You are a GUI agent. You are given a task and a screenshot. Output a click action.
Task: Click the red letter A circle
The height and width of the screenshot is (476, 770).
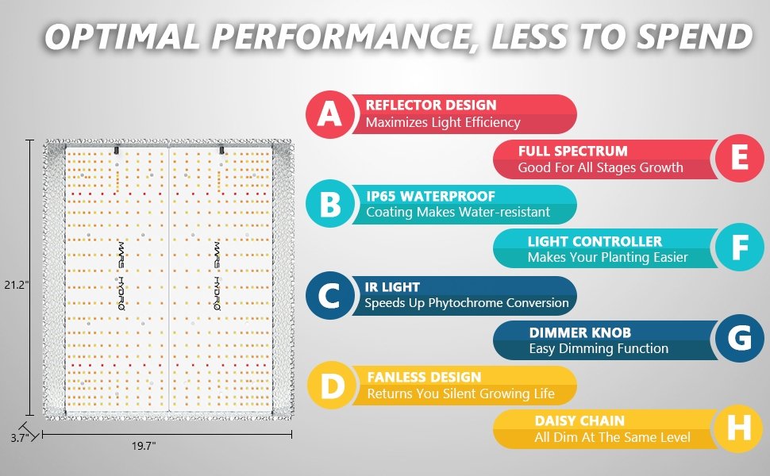329,114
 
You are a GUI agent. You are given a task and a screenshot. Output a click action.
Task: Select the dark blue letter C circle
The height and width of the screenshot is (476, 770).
329,295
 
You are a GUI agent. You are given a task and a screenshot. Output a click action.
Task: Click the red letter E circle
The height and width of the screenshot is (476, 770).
740,158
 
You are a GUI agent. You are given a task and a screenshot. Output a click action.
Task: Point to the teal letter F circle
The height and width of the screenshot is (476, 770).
740,247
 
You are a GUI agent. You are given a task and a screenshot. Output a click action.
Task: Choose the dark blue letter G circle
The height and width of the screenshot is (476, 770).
740,338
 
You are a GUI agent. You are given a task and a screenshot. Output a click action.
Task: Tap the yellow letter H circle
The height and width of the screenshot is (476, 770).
738,428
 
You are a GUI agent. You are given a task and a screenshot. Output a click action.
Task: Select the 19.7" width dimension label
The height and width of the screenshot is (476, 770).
144,446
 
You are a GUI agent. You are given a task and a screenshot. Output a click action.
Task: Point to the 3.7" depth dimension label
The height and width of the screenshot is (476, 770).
20,438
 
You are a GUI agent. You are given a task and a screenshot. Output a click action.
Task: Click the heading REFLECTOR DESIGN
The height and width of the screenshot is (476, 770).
431,105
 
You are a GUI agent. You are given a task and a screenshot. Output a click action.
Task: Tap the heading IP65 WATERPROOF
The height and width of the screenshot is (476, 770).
431,196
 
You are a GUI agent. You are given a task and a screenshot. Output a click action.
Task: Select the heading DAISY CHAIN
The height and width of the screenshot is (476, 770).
579,421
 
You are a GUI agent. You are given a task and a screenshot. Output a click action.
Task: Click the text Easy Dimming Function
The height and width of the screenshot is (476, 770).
599,348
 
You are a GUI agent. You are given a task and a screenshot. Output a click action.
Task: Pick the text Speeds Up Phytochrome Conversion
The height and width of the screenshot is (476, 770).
467,303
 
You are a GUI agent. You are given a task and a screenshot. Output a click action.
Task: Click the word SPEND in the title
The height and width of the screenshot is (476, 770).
695,36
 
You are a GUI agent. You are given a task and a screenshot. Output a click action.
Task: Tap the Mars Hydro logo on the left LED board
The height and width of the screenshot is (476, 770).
121,276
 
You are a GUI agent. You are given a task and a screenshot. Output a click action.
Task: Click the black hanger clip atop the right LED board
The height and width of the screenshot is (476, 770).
221,150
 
